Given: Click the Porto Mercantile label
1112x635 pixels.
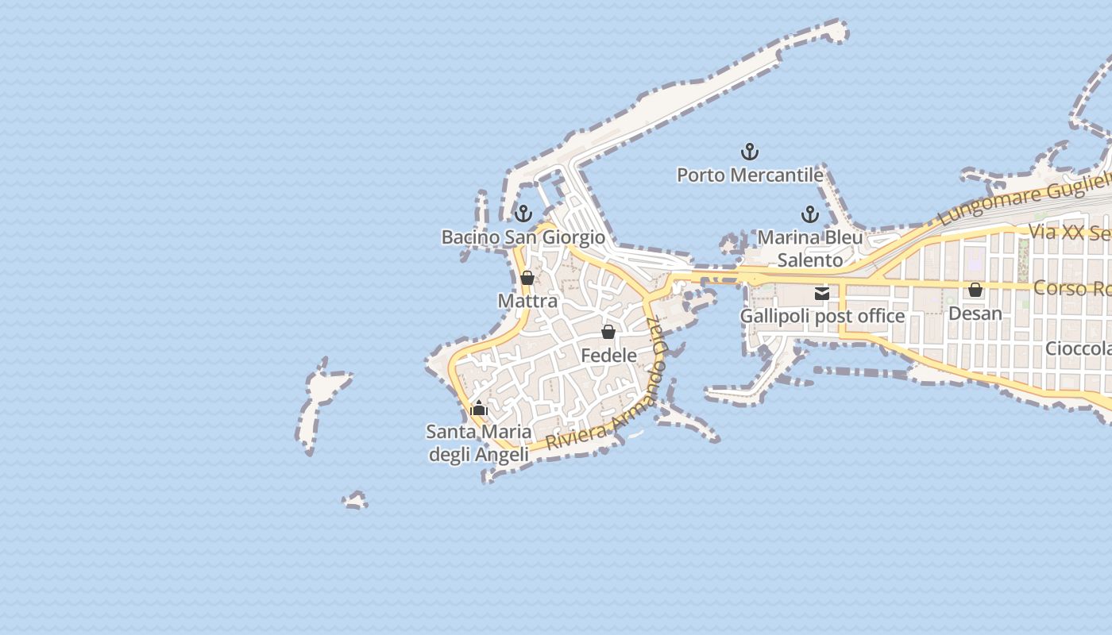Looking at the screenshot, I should [x=749, y=175].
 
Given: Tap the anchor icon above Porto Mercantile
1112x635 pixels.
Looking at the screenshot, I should [x=750, y=151].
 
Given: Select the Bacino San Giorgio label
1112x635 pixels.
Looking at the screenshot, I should [x=523, y=237].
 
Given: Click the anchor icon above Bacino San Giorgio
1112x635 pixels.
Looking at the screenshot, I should [x=523, y=214].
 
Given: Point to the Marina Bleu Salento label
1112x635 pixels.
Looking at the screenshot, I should [x=810, y=248].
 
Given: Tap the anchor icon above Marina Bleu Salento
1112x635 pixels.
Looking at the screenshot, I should [x=809, y=214].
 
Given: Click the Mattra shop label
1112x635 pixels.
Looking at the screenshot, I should [x=527, y=302].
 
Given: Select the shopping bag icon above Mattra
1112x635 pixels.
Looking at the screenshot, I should [x=527, y=278].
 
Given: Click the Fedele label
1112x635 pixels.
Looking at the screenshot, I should [x=608, y=356].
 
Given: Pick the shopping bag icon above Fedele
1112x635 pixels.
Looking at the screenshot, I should [x=608, y=332].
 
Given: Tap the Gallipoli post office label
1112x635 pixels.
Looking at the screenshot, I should [x=822, y=316].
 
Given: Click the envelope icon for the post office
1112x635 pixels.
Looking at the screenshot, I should [x=822, y=294].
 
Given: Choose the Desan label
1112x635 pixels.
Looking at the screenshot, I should [x=975, y=314].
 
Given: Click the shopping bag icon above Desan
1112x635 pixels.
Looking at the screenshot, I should [x=975, y=291].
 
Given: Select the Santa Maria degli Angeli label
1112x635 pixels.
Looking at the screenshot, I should [x=479, y=443].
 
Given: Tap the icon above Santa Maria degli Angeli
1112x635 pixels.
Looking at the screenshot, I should [x=479, y=410].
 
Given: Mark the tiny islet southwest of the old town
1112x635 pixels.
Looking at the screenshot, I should [x=355, y=500].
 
